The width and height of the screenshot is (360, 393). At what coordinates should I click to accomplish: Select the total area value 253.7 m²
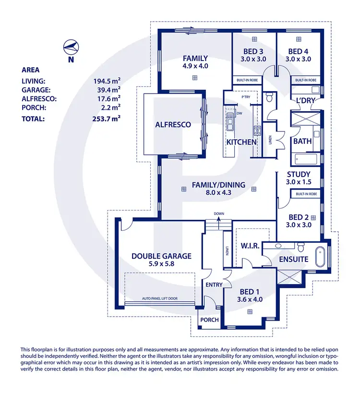pos(107,119)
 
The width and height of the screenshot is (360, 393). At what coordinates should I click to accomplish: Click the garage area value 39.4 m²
pos(107,89)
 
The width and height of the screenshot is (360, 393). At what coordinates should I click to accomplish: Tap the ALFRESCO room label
pos(173,125)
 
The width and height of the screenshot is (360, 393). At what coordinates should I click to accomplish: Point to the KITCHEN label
pos(241,142)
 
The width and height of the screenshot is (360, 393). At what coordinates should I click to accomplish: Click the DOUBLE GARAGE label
pos(161,256)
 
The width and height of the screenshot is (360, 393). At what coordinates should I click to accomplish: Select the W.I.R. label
pos(250,246)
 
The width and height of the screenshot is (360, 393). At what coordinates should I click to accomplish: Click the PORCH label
pos(209,320)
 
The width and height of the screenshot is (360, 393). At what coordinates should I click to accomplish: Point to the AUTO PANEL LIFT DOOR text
pos(159,298)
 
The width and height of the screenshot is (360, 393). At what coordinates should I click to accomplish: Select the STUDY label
pos(299,174)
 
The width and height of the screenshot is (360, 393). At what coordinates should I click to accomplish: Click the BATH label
pos(302,141)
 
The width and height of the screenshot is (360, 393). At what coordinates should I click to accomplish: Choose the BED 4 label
pos(299,51)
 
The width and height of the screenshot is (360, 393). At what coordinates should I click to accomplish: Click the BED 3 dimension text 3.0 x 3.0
pos(254,59)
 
